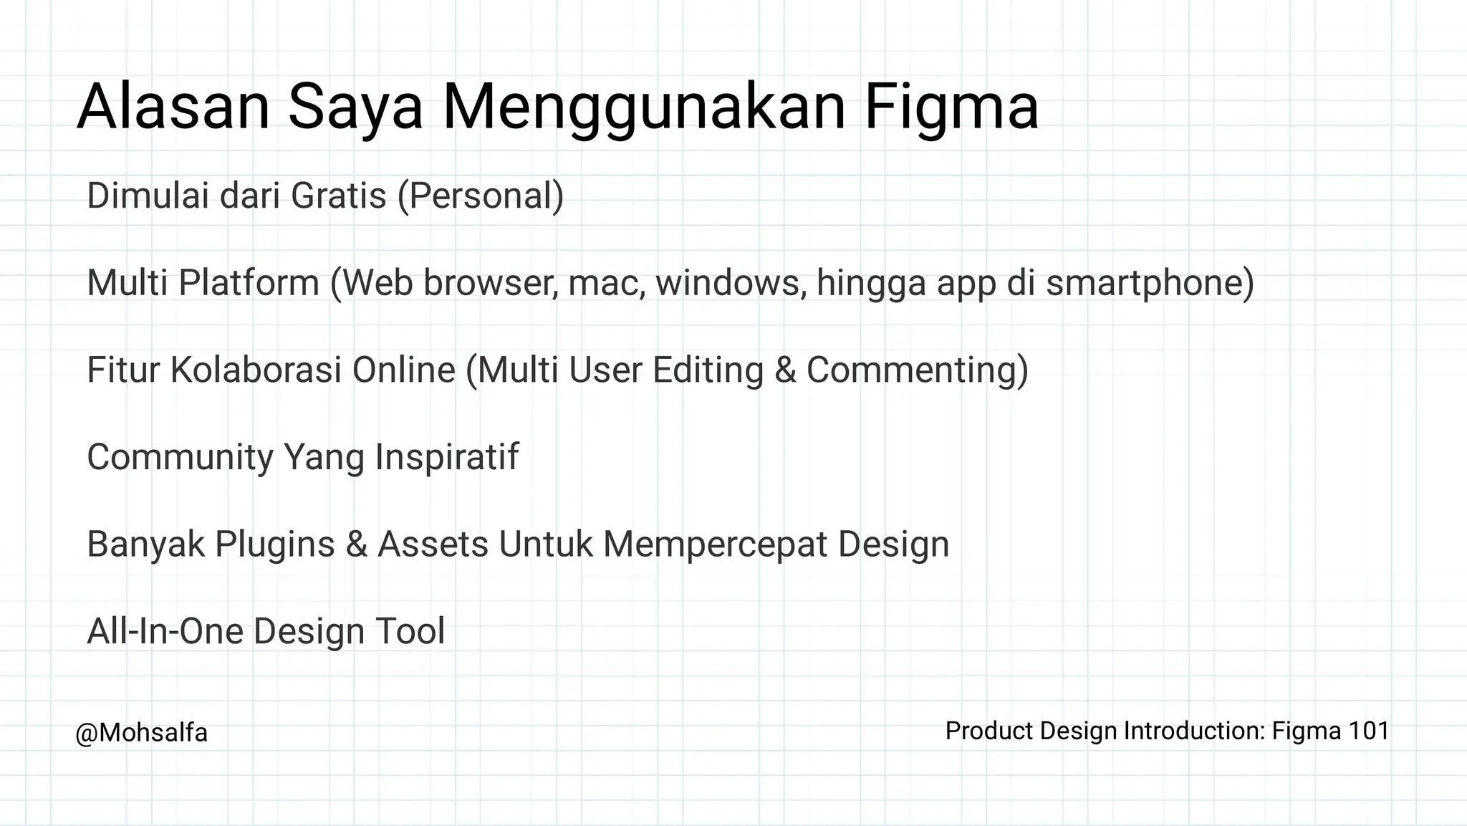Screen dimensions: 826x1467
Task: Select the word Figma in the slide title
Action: [951, 107]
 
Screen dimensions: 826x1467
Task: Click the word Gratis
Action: [338, 196]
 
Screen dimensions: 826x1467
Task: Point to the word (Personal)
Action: [481, 196]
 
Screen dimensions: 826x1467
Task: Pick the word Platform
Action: [249, 282]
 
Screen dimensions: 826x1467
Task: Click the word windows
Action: [731, 282]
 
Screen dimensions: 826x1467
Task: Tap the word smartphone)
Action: [1150, 282]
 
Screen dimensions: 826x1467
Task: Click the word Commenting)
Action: [918, 370]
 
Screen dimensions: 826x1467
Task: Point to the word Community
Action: [180, 457]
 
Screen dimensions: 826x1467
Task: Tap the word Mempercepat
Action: [716, 544]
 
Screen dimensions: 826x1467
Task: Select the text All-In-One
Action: [165, 631]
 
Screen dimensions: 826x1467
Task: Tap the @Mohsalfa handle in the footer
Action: [141, 733]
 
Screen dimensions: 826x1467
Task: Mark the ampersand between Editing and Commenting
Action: [785, 370]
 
